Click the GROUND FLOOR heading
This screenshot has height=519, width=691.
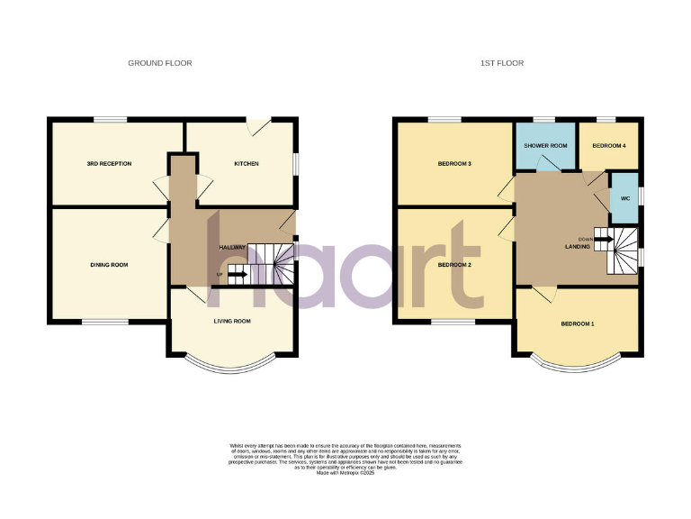point(160,63)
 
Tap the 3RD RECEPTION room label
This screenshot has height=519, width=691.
point(109,164)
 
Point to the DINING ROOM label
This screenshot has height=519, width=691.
point(109,265)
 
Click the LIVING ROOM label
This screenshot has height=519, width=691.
point(231,321)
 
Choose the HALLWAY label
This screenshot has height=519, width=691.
point(232,248)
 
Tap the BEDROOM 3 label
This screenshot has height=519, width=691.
point(454,164)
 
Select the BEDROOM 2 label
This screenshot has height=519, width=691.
point(454,265)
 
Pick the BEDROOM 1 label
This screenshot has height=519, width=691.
point(578,323)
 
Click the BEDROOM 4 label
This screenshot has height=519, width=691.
point(609,145)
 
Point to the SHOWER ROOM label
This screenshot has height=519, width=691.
point(545,145)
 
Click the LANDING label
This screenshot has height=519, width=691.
point(577,248)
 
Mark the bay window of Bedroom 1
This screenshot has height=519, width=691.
point(577,367)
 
